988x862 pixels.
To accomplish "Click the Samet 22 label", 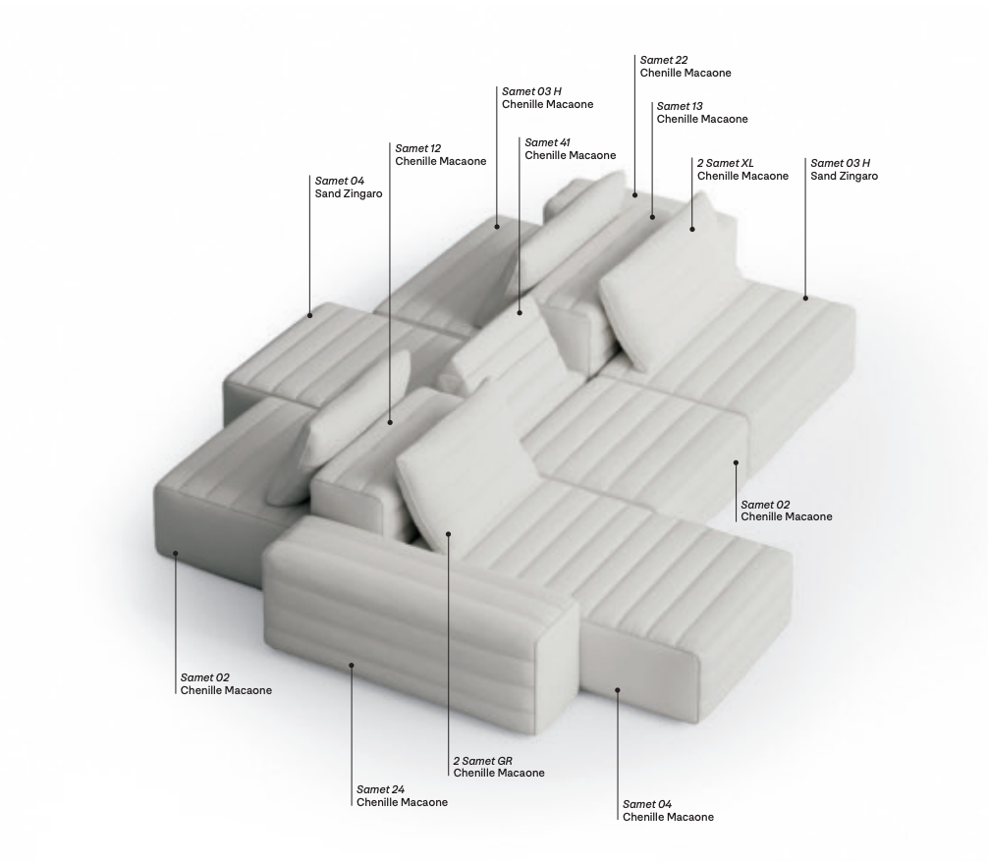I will (x=664, y=60).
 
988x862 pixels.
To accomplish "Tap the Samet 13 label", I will (x=680, y=106).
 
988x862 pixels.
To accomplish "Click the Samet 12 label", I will (x=417, y=148).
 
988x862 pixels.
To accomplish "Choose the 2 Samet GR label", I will (x=482, y=761).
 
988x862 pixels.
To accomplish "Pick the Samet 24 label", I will (x=380, y=789).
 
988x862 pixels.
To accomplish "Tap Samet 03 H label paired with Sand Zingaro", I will (x=841, y=163).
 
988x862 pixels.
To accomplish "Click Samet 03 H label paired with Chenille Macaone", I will (x=531, y=91).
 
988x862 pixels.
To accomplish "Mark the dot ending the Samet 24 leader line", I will (x=352, y=665).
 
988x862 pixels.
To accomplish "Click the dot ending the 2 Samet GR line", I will (x=448, y=534).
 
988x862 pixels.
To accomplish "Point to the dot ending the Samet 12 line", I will (x=390, y=422).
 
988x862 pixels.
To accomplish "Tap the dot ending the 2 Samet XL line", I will (x=692, y=229).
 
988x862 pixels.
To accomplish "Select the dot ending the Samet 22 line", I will (x=635, y=194).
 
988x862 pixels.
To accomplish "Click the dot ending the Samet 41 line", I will (x=520, y=313).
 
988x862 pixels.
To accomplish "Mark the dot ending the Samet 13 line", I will (x=652, y=214).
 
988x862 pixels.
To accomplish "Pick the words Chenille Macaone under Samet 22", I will (x=686, y=73).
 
